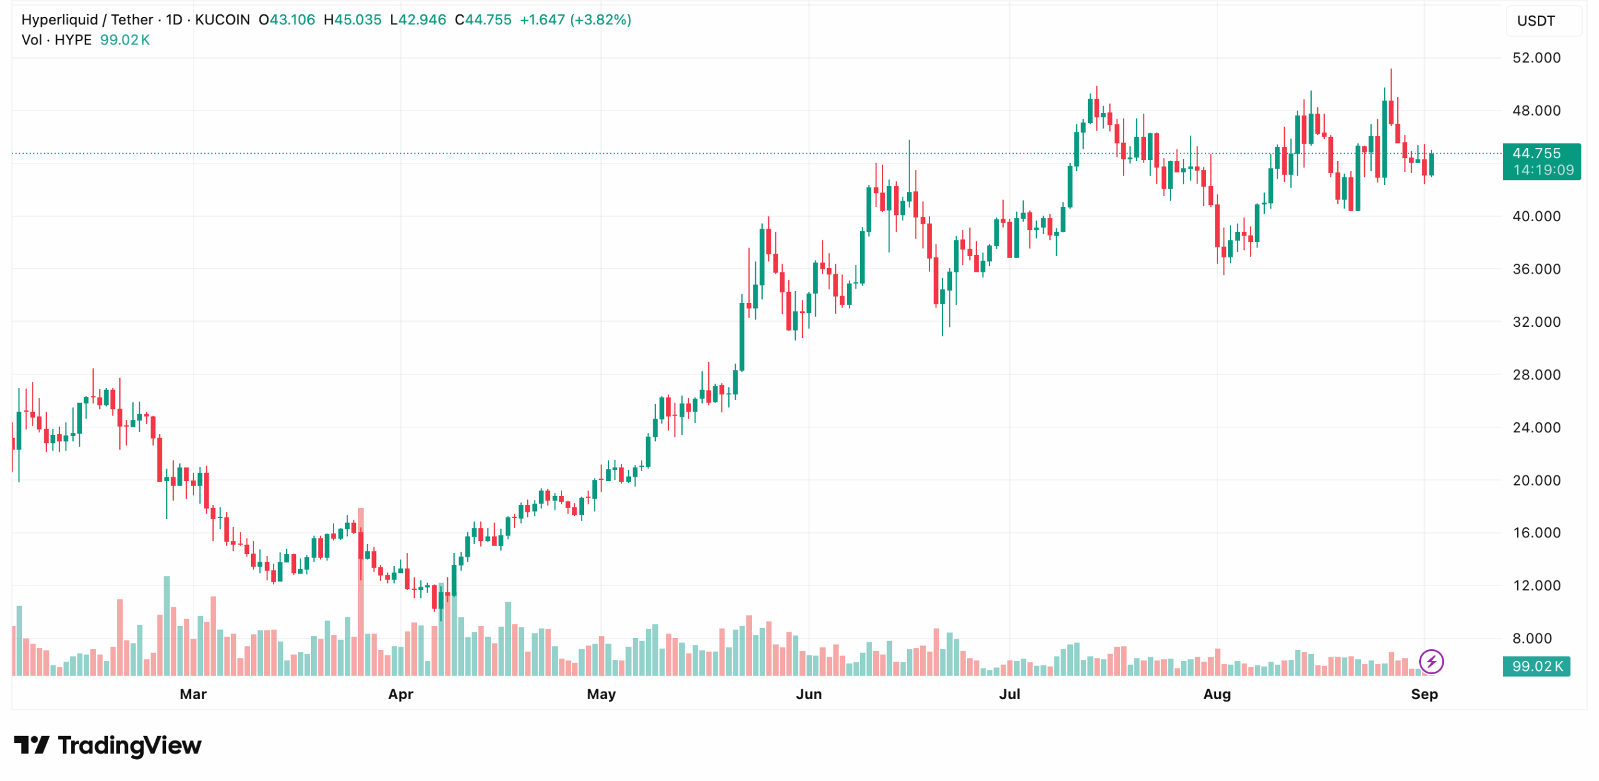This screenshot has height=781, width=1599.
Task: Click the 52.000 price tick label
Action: [x=1535, y=58]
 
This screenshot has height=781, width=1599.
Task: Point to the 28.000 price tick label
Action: [x=1535, y=375]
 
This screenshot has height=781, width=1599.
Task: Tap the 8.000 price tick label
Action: [x=1531, y=639]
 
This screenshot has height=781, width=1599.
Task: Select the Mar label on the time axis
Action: [x=193, y=694]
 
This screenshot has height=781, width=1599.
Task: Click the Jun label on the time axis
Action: [x=808, y=694]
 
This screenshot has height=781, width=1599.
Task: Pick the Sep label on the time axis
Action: [x=1423, y=694]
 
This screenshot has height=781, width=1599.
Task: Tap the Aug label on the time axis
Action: [x=1216, y=694]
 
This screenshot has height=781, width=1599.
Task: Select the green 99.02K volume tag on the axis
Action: [x=1536, y=666]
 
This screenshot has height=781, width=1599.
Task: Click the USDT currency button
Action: [x=1535, y=21]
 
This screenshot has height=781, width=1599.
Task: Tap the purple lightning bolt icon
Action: [x=1430, y=661]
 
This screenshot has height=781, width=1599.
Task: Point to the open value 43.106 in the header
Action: [x=292, y=20]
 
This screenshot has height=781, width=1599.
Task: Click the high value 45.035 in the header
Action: [x=357, y=20]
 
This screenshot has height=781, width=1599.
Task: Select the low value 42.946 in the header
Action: [x=422, y=20]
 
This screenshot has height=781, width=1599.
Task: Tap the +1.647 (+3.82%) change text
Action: [x=575, y=20]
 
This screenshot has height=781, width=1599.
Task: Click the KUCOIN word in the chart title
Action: [x=222, y=20]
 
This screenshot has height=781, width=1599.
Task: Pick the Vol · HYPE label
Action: [x=56, y=40]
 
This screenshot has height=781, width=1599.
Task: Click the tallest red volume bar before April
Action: [x=360, y=591]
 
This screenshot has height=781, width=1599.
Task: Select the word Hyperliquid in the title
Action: [x=59, y=20]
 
